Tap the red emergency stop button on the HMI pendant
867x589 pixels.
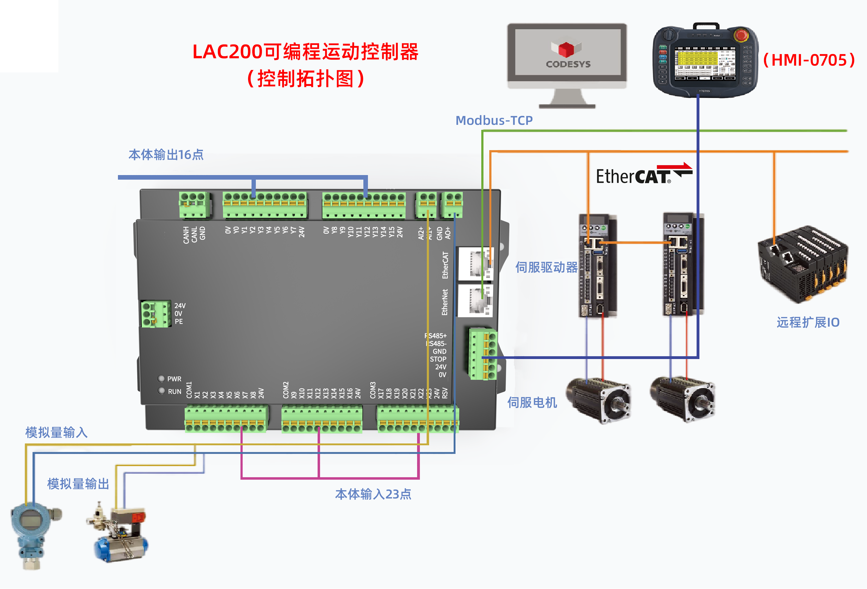[740, 36]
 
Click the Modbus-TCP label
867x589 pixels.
[494, 120]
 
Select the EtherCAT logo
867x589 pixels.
[644, 175]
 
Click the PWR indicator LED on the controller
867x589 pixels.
[161, 379]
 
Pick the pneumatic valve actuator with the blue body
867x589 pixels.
[119, 537]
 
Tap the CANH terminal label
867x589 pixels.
[186, 235]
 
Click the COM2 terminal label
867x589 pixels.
[286, 390]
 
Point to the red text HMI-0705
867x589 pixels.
[809, 60]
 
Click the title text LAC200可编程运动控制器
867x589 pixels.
[305, 52]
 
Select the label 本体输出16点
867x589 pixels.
[166, 154]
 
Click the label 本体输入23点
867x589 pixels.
[373, 494]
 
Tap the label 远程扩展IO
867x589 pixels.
[808, 322]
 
